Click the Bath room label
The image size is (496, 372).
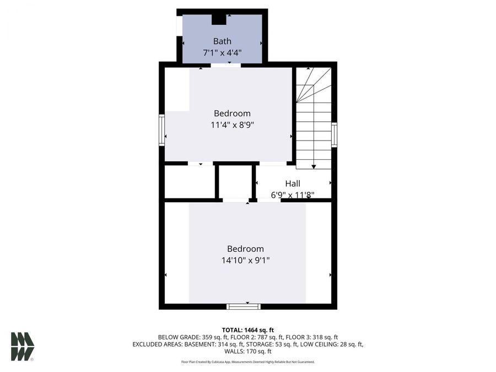point(222,41)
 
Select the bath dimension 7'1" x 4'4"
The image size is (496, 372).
point(222,54)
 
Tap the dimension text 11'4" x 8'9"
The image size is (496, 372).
point(232,125)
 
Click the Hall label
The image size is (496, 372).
point(293,184)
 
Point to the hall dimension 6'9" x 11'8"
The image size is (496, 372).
point(293,195)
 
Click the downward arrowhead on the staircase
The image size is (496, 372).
point(314,165)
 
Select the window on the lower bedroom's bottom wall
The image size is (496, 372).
point(243,306)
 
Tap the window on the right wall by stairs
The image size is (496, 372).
point(334,134)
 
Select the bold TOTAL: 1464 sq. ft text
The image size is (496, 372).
point(247,330)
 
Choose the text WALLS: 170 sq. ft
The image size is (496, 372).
point(247,351)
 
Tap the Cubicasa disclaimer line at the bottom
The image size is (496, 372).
point(247,362)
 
